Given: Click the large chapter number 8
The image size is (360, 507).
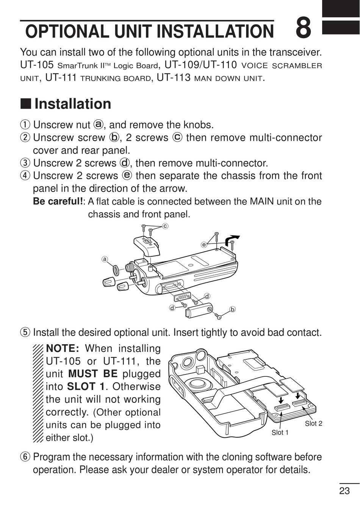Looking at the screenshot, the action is (x=303, y=29).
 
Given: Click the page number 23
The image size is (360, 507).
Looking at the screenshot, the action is (x=344, y=491).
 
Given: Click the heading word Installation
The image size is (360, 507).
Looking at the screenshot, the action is (x=73, y=104).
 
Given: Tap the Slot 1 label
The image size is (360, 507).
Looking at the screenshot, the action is (x=280, y=432).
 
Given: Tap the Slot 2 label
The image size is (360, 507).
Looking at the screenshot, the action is (x=313, y=423).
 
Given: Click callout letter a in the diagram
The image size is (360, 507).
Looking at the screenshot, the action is (x=105, y=259).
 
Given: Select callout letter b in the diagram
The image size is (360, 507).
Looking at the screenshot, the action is (x=233, y=309).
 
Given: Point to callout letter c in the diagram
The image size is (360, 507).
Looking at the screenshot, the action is (x=165, y=226).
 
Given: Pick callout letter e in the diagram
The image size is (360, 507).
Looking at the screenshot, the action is (x=204, y=245).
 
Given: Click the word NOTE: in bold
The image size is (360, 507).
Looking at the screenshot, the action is (x=62, y=348).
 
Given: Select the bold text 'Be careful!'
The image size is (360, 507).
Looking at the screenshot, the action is (x=59, y=201).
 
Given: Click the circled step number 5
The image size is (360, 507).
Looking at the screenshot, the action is (x=25, y=332).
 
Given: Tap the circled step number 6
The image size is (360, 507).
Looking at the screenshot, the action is (x=25, y=457).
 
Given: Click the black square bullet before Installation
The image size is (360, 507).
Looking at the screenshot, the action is (x=25, y=104).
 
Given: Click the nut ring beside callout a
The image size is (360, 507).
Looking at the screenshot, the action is (x=115, y=270).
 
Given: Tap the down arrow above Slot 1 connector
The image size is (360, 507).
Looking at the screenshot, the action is (x=281, y=400).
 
